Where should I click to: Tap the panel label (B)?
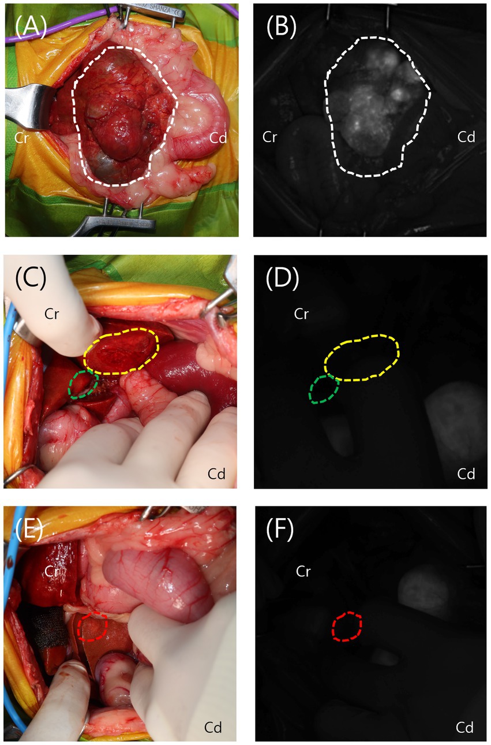(280, 28)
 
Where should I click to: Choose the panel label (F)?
(280, 530)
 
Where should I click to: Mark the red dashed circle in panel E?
(92, 627)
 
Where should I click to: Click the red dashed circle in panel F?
(348, 627)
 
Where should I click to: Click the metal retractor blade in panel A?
(26, 104)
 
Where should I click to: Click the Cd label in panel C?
(216, 474)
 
